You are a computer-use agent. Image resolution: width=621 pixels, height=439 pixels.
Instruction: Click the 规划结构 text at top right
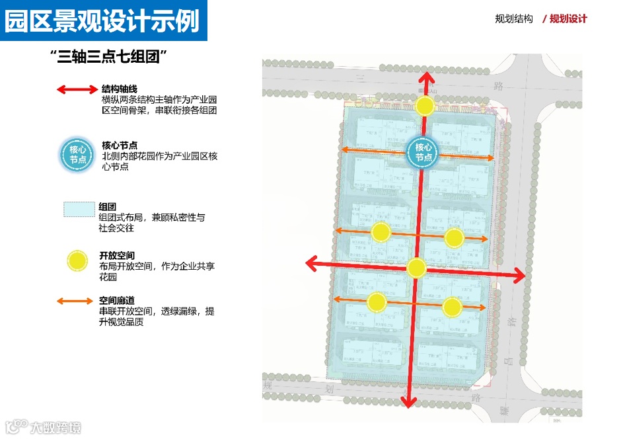513,19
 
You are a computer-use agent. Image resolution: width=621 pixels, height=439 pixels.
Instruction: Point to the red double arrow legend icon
77,89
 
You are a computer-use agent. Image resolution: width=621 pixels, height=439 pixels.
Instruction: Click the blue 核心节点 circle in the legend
78,155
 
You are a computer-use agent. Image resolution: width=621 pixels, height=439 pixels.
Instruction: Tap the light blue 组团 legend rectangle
78,209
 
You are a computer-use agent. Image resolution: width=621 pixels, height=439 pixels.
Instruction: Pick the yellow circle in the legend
78,261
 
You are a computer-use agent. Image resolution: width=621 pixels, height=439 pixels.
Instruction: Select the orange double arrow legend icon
75,301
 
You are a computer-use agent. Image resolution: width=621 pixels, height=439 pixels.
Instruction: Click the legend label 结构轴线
120,89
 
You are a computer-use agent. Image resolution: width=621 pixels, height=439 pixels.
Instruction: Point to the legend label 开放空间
117,255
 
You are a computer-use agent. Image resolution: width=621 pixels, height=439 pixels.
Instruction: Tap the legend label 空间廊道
117,300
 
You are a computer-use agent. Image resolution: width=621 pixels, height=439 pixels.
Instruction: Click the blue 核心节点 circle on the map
423,153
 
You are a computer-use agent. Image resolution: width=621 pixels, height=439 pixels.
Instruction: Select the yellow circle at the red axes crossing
416,268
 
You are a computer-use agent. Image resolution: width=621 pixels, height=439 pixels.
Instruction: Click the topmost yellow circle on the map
425,105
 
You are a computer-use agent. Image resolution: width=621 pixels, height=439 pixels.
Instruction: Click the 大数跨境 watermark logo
43,428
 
